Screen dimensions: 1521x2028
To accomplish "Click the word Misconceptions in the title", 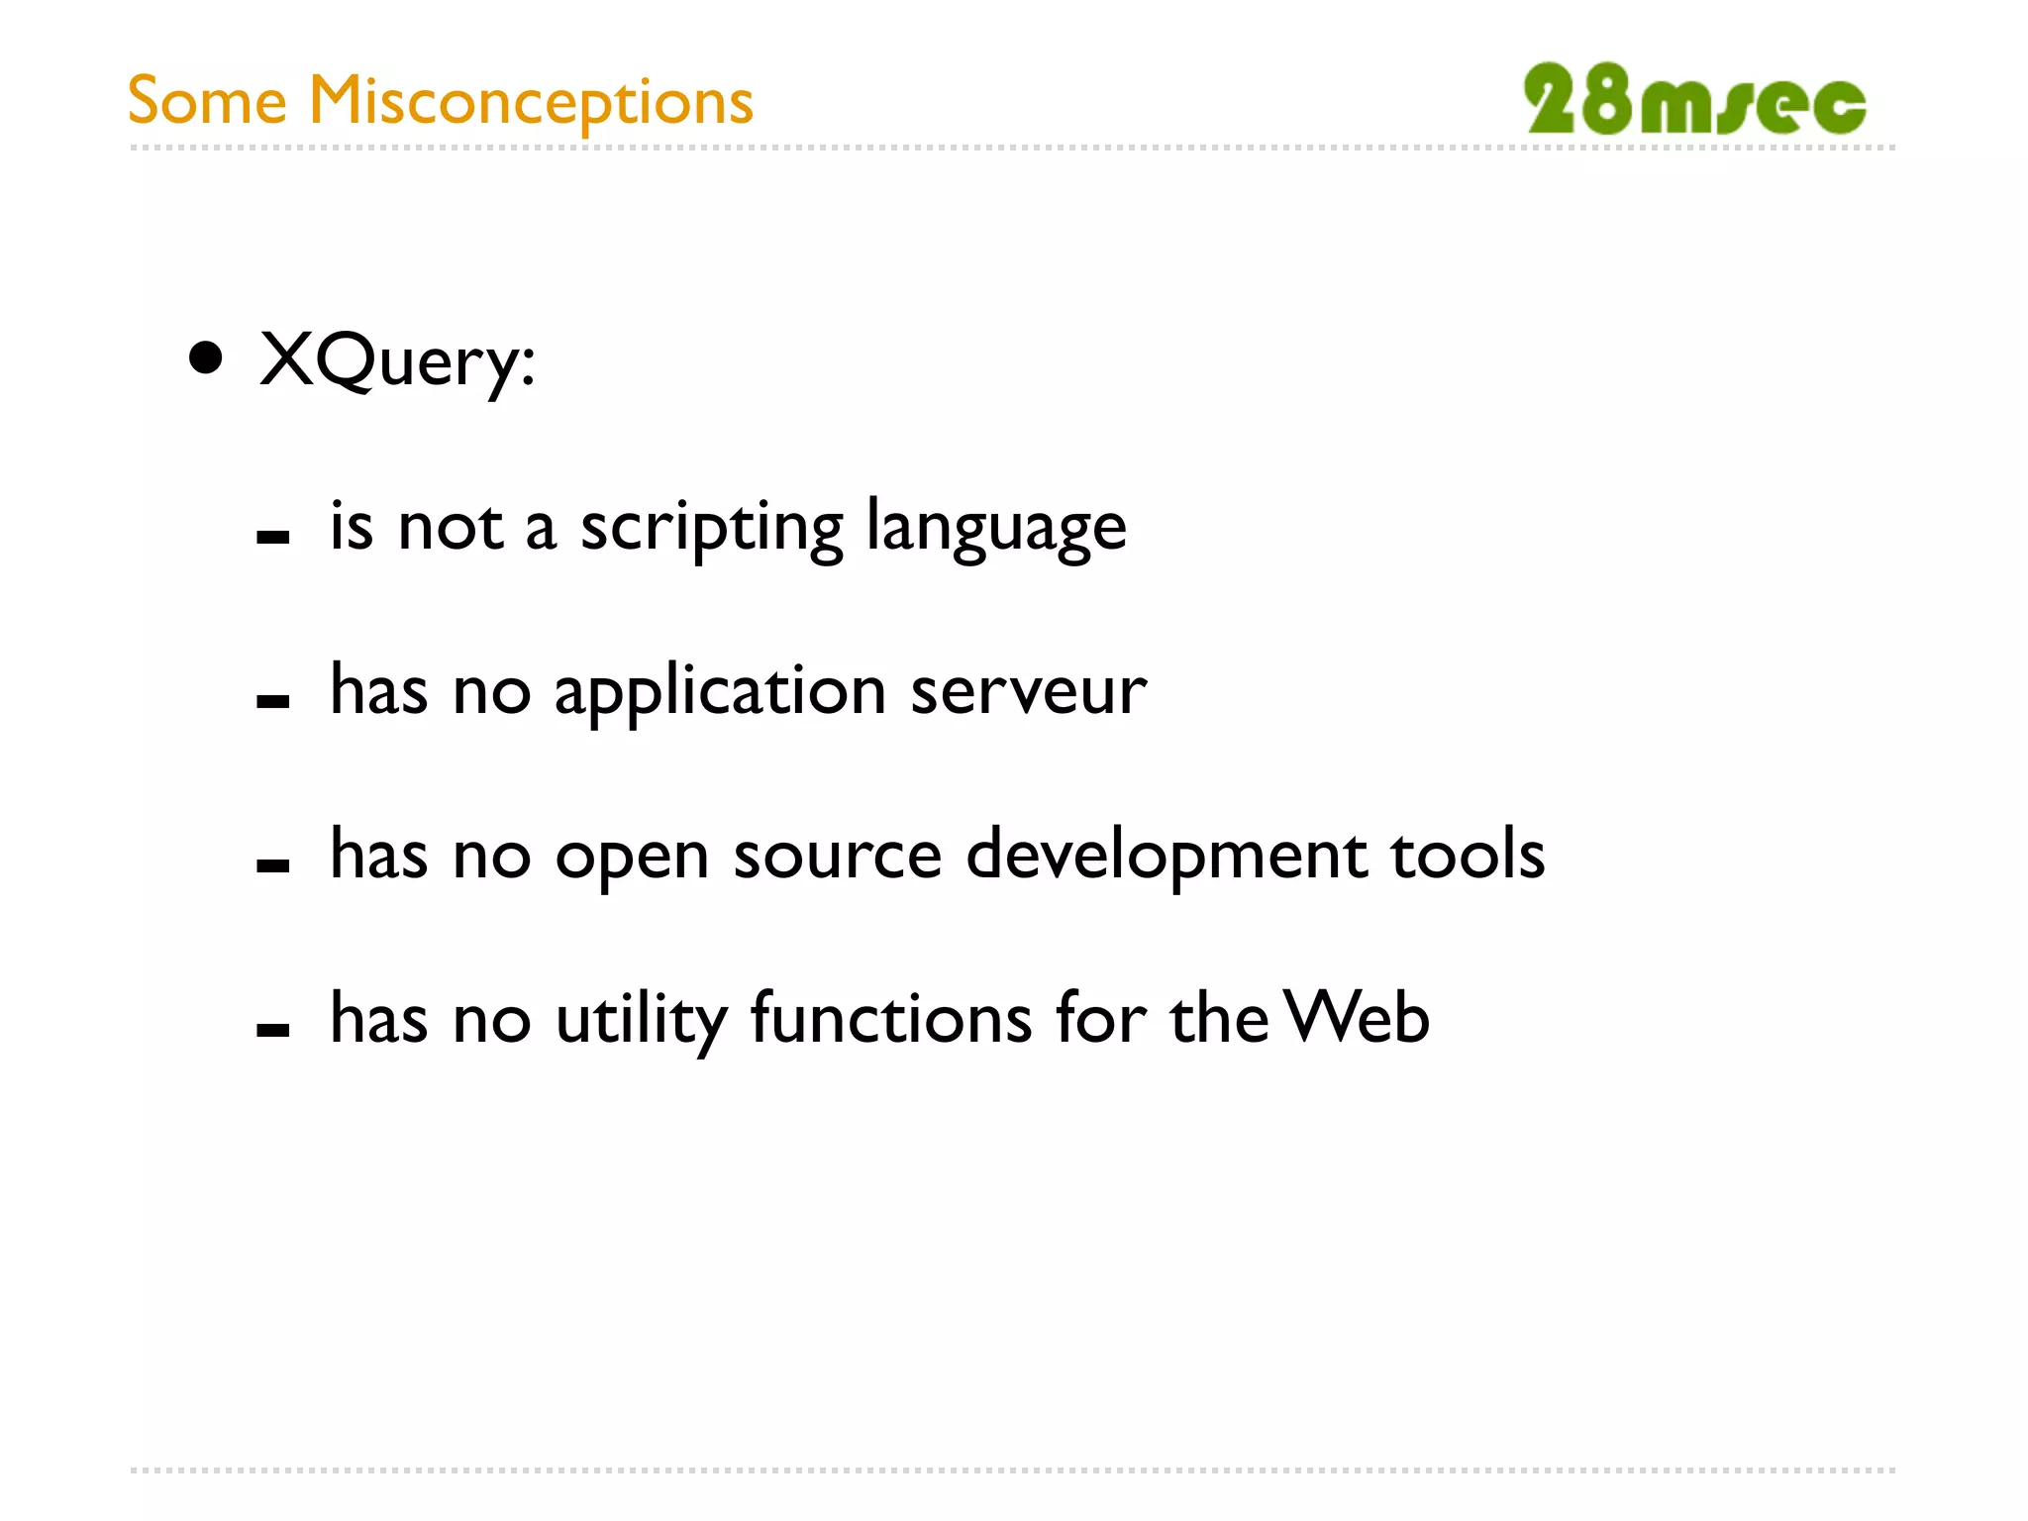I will [x=531, y=102].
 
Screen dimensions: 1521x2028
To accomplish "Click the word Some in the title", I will [x=207, y=102].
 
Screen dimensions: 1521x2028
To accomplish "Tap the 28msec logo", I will [x=1694, y=99].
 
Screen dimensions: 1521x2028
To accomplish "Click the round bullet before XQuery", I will [x=206, y=358].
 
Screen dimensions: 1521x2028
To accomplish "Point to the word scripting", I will [x=711, y=527].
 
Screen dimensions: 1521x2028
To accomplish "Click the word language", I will [x=996, y=527].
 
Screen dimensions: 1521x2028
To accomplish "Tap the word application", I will [x=720, y=692].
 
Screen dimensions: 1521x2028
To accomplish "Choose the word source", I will [x=837, y=857].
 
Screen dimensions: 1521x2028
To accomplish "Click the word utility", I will [x=642, y=1020].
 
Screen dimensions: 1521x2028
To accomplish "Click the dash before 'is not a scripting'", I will [x=272, y=538].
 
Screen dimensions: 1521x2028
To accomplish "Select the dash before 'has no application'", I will [x=272, y=702].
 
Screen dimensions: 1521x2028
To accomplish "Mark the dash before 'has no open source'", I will [x=272, y=865].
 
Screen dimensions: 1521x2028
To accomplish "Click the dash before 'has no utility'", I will [x=272, y=1030].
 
